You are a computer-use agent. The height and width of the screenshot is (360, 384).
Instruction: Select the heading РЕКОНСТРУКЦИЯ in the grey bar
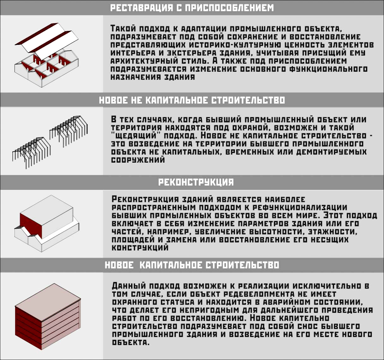click(196, 182)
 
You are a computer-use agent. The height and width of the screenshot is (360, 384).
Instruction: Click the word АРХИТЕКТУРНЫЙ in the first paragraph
click(144, 61)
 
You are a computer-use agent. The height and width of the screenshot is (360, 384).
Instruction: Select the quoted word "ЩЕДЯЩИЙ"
click(134, 135)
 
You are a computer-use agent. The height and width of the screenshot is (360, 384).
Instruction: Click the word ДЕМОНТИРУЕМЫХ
click(331, 152)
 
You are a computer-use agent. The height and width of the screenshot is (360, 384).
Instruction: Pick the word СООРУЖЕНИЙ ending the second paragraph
click(138, 160)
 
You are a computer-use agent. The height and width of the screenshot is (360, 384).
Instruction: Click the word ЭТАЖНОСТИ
click(333, 231)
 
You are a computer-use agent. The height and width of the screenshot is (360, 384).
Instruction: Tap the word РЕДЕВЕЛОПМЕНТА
click(259, 294)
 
